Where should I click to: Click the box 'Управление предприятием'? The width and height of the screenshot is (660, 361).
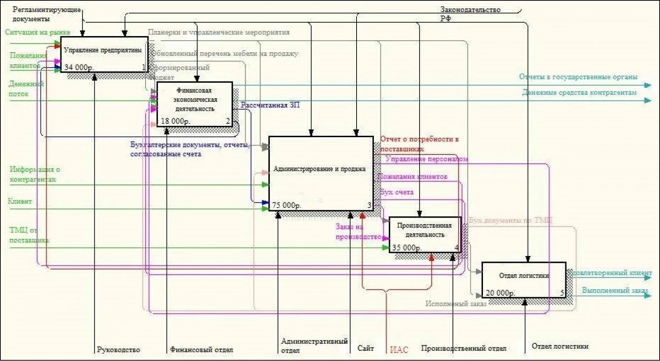[104, 54]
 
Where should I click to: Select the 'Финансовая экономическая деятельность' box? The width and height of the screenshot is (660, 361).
[195, 104]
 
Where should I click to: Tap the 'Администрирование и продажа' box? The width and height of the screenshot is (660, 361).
[321, 173]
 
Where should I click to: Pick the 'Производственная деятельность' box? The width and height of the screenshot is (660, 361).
[425, 234]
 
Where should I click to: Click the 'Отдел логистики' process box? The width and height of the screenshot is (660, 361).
[523, 279]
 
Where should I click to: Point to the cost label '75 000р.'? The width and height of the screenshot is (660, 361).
[286, 205]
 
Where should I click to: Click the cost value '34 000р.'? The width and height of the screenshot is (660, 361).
[79, 67]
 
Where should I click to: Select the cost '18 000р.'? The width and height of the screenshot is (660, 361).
[175, 121]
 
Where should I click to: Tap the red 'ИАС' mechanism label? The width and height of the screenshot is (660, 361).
[399, 349]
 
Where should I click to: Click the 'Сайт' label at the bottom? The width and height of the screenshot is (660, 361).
[366, 348]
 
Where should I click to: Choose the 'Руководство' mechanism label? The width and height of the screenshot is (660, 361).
[118, 349]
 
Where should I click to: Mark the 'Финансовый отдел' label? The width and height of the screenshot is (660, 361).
[202, 349]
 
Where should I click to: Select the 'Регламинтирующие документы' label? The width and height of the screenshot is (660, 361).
[46, 14]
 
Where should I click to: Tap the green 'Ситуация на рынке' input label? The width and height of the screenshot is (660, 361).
[38, 32]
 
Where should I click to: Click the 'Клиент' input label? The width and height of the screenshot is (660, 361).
[20, 201]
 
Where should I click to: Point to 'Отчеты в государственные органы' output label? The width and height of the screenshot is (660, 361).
[578, 77]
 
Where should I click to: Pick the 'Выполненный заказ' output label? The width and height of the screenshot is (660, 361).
[615, 290]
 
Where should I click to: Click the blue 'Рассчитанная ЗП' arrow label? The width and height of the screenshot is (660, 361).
[270, 105]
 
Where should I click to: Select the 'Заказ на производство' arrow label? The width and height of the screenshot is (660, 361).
[358, 232]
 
